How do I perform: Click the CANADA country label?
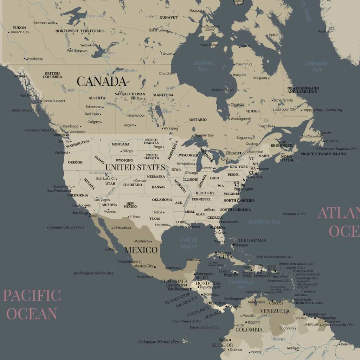pyautogui.click(x=102, y=82)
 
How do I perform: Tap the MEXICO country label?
pyautogui.click(x=141, y=250)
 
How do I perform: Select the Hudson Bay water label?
pyautogui.click(x=203, y=66)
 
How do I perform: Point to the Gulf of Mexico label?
pyautogui.click(x=188, y=243)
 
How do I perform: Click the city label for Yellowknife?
pyautogui.click(x=89, y=45)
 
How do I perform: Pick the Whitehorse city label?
pyautogui.click(x=34, y=59)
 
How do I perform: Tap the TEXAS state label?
pyautogui.click(x=154, y=219)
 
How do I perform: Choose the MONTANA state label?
pyautogui.click(x=121, y=144)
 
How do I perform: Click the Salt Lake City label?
pyautogui.click(x=107, y=179)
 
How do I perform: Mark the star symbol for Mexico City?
pyautogui.click(x=155, y=267)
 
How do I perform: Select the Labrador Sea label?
pyautogui.click(x=317, y=66)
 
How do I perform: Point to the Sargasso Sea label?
pyautogui.click(x=264, y=221)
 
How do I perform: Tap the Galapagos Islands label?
pyautogui.click(x=159, y=342)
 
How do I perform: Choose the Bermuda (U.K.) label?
pyautogui.click(x=294, y=214)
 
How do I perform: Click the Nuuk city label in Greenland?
pyautogui.click(x=322, y=31)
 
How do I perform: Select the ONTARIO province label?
pyautogui.click(x=198, y=120)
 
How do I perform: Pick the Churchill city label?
pyautogui.click(x=166, y=73)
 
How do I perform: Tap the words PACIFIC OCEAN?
pyautogui.click(x=32, y=304)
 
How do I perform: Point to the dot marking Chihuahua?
pyautogui.click(x=112, y=228)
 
